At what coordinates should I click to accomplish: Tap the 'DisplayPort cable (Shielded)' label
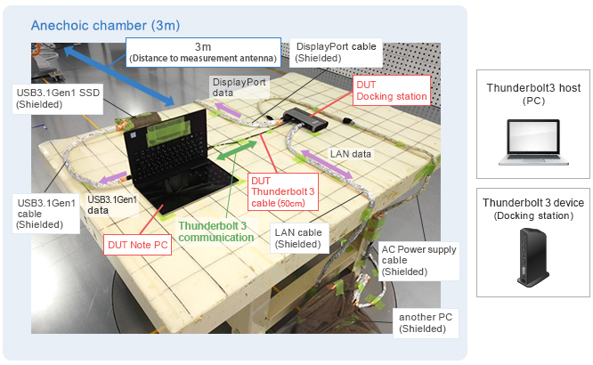[x=336, y=53]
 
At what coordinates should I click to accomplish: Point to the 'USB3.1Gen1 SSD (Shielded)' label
[x=53, y=98]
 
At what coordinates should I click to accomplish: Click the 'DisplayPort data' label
[x=238, y=86]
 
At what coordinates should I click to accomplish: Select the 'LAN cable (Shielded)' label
[x=298, y=237]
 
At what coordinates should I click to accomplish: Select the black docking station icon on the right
[x=532, y=257]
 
